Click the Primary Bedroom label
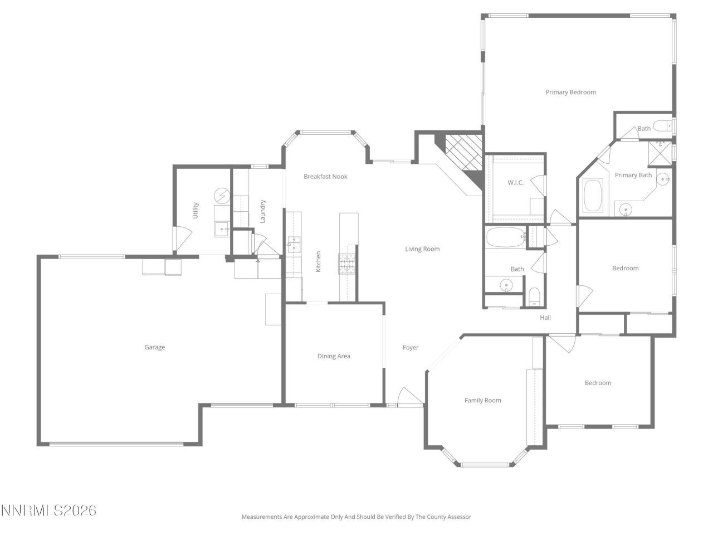(570, 93)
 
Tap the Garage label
(154, 347)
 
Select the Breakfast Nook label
(325, 177)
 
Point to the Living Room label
(422, 249)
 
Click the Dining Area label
(334, 356)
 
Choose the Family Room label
(483, 400)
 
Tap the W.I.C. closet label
(515, 183)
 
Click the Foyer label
(411, 348)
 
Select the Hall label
(545, 318)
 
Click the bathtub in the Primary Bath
(593, 195)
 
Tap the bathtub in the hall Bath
(505, 238)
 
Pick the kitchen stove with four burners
(346, 263)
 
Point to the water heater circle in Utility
(221, 196)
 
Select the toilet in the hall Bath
(534, 296)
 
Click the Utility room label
(196, 210)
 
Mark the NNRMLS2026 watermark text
(48, 510)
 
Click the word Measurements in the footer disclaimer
(262, 517)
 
